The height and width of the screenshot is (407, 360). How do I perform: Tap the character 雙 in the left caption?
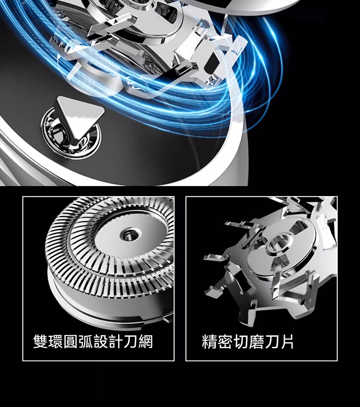pyautogui.click(x=41, y=341)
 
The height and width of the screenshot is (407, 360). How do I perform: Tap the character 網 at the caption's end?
pyautogui.click(x=146, y=341)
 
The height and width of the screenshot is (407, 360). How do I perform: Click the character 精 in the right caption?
pyautogui.click(x=209, y=341)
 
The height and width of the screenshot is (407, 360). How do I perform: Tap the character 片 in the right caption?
pyautogui.click(x=286, y=341)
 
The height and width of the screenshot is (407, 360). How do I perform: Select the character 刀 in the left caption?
pyautogui.click(x=131, y=341)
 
